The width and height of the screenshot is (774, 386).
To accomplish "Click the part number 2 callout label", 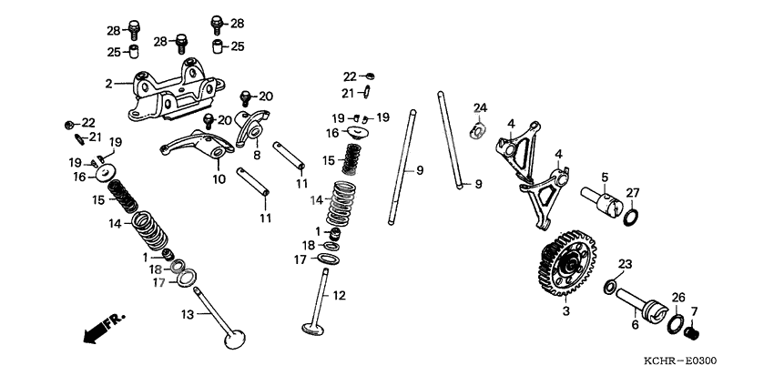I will pyautogui.click(x=108, y=84).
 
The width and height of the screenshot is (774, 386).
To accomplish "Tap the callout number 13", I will pyautogui.click(x=187, y=314).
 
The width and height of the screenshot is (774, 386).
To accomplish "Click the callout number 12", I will pyautogui.click(x=339, y=295).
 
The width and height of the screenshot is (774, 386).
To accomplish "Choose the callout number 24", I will pyautogui.click(x=480, y=108).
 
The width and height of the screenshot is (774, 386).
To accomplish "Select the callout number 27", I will pyautogui.click(x=632, y=192).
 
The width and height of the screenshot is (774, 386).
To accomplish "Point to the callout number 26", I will pyautogui.click(x=678, y=297).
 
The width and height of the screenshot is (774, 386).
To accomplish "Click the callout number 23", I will pyautogui.click(x=625, y=264).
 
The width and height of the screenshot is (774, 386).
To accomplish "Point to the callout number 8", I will pyautogui.click(x=256, y=156).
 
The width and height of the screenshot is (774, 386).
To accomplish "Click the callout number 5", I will pyautogui.click(x=603, y=177).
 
